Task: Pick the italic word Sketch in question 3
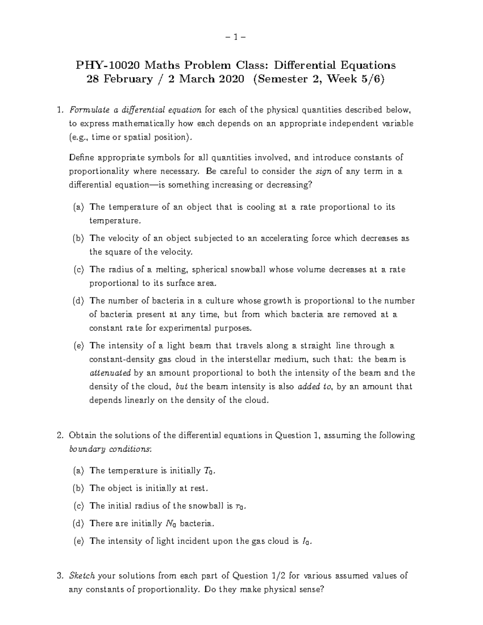click(82, 576)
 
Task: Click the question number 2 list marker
click(60, 435)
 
